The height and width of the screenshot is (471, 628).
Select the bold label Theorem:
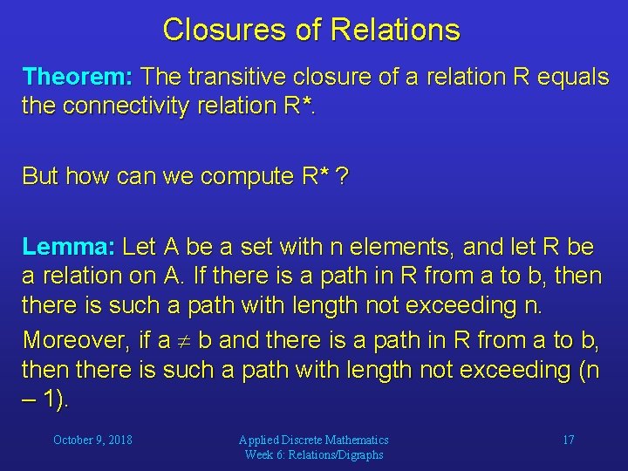tap(77, 77)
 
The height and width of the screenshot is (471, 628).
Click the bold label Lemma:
tap(68, 247)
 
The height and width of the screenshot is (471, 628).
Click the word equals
tap(571, 77)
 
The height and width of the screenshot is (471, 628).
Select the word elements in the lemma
tap(395, 247)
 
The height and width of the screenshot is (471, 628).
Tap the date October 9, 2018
tap(92, 440)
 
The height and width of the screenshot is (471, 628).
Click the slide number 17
tap(568, 440)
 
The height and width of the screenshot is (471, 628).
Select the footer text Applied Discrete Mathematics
tap(314, 440)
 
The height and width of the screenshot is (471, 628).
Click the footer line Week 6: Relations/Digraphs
tap(314, 454)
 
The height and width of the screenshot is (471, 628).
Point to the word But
tap(39, 176)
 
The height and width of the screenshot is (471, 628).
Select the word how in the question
tap(83, 176)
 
